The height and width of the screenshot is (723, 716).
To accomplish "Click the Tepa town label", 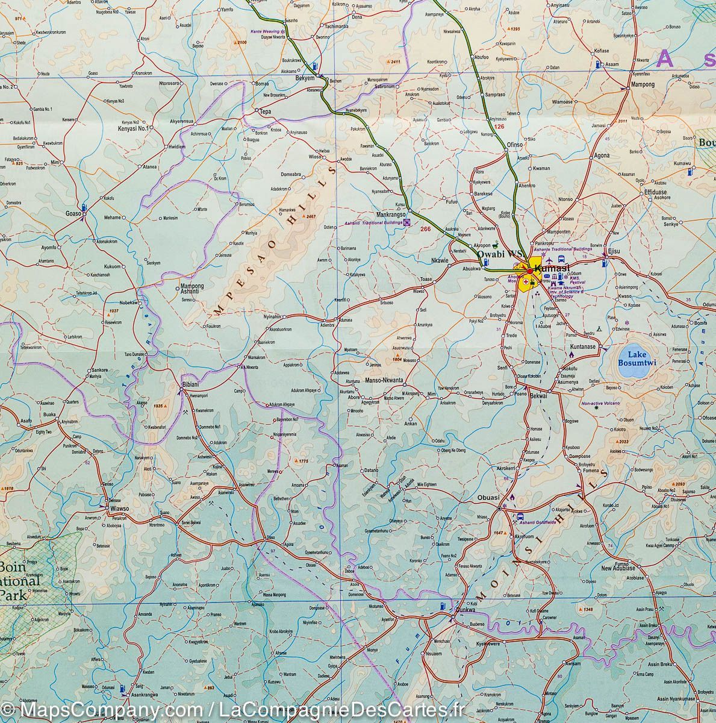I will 266,111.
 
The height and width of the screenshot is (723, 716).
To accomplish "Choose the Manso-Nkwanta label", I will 384,381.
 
